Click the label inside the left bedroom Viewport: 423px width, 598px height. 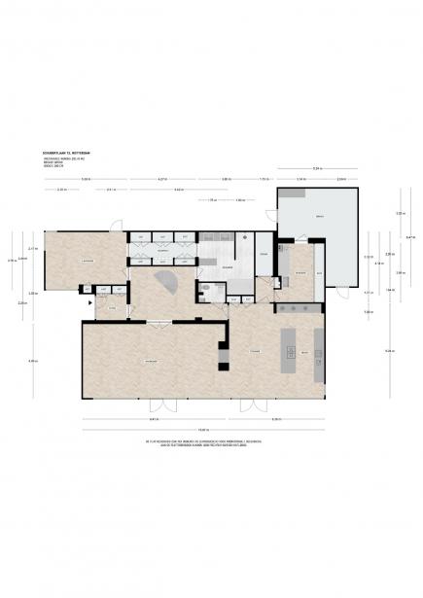click(88, 263)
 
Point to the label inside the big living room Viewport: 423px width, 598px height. click(151, 362)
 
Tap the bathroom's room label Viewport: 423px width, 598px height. click(226, 266)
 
